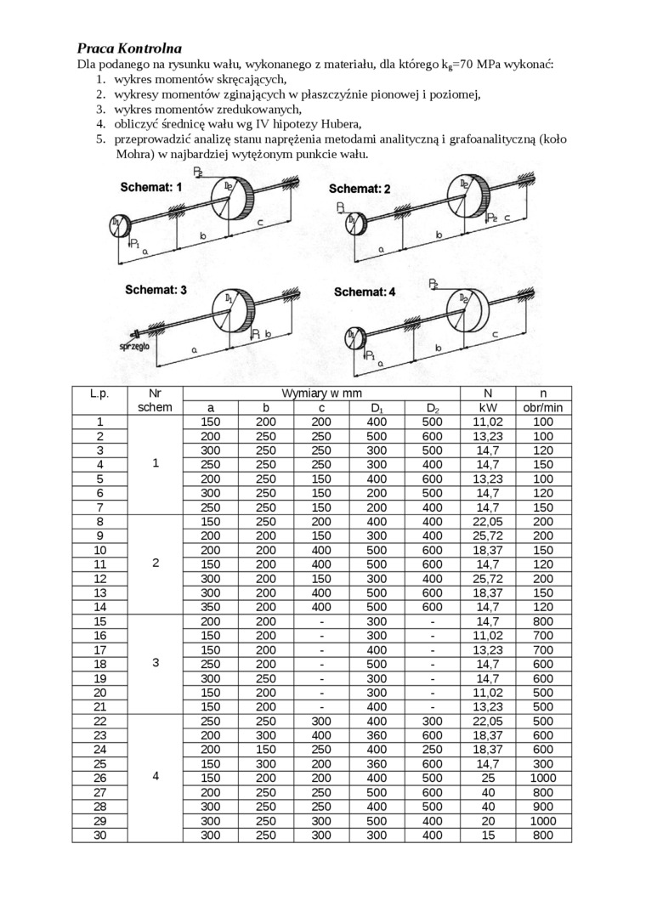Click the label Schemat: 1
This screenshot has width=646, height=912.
coord(151,186)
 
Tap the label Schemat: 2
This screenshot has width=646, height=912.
coord(360,189)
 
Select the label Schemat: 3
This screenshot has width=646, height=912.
coord(156,289)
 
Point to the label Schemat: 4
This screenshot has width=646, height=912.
coord(365,292)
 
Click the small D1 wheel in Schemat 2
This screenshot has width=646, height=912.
coord(354,224)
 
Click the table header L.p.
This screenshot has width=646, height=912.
coord(99,394)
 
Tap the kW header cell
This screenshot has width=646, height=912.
coord(487,408)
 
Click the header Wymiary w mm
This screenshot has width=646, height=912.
coord(320,394)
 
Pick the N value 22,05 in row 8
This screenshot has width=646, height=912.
coord(487,522)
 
